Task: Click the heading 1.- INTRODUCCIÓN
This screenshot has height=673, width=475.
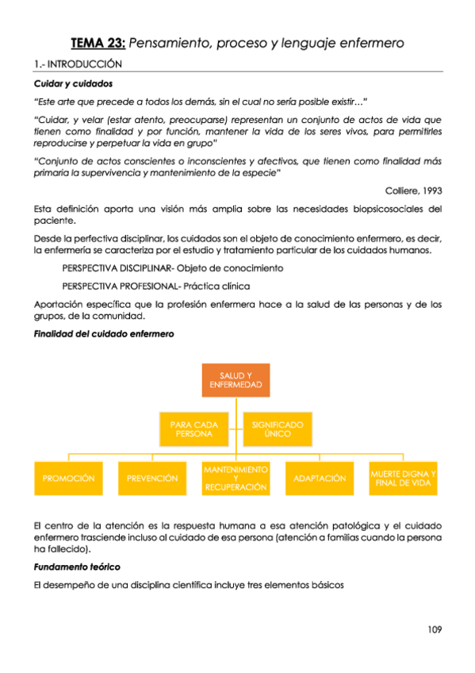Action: [x=78, y=64]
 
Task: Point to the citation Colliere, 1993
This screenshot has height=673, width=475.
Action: [x=413, y=190]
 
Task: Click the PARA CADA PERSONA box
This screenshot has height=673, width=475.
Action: [x=194, y=429]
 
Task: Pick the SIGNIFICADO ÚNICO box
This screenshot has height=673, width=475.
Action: [x=278, y=429]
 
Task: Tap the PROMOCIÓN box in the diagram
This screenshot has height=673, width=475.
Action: [x=69, y=479]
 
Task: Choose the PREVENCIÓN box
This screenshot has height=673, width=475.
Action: [x=152, y=479]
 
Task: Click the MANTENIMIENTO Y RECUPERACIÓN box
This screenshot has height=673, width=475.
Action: [x=236, y=479]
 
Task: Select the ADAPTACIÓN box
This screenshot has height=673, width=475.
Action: [x=320, y=479]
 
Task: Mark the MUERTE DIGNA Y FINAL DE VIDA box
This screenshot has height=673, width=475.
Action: [x=403, y=479]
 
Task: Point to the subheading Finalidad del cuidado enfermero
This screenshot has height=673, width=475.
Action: [x=104, y=334]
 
